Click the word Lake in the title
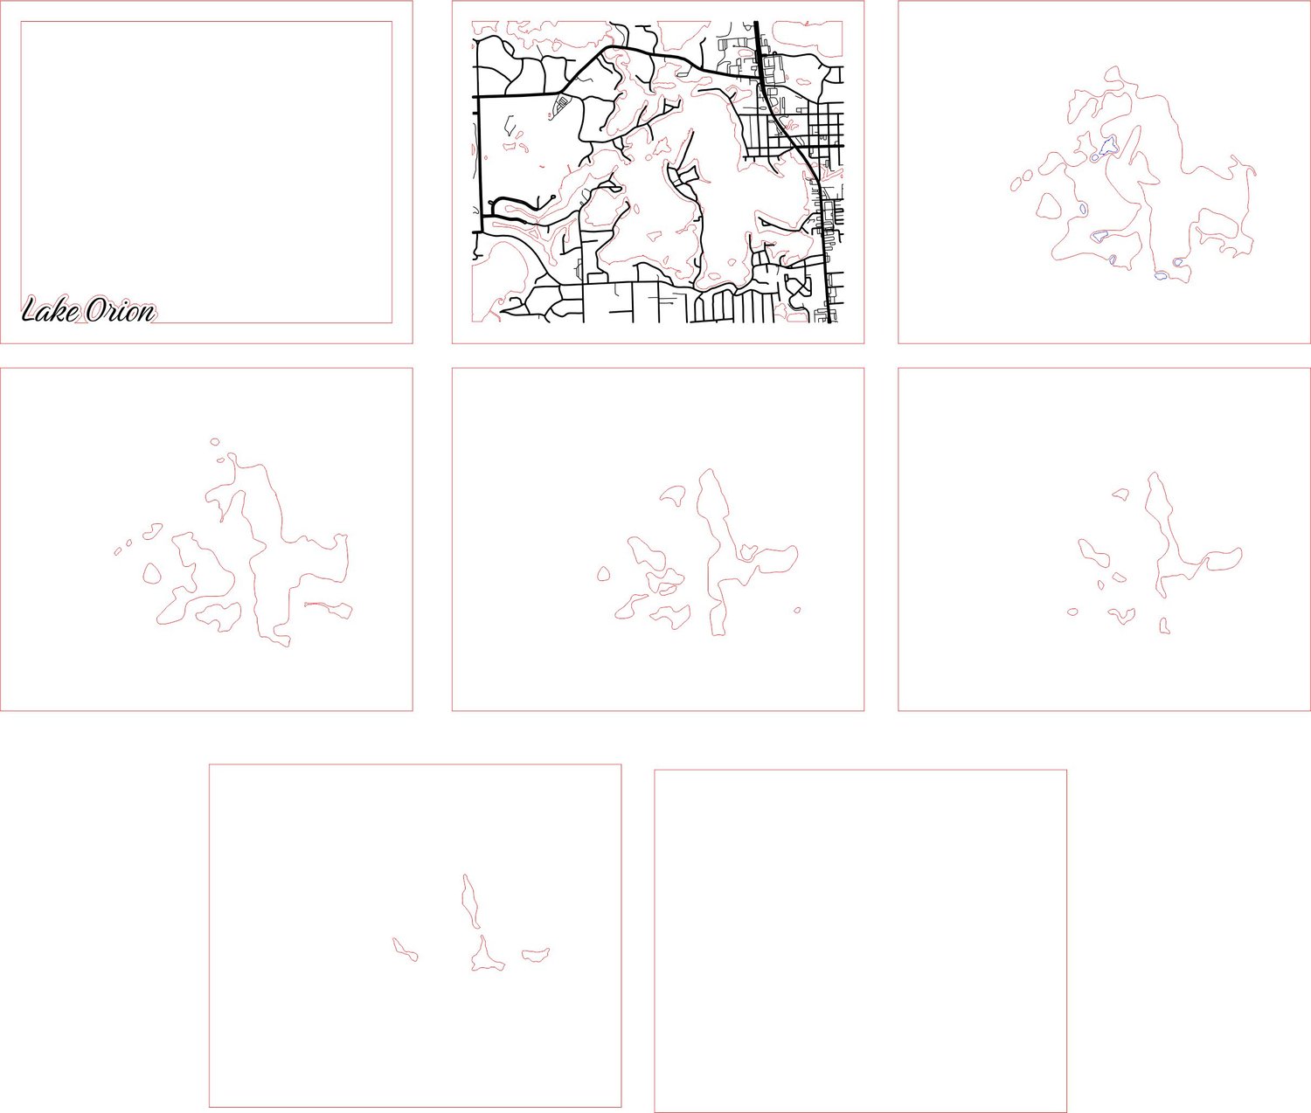click(51, 311)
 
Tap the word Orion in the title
click(121, 311)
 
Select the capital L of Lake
click(31, 311)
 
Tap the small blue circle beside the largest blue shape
click(1095, 156)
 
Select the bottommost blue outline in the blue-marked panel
click(1161, 276)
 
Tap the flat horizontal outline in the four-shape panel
click(536, 954)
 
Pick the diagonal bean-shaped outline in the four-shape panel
click(405, 950)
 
